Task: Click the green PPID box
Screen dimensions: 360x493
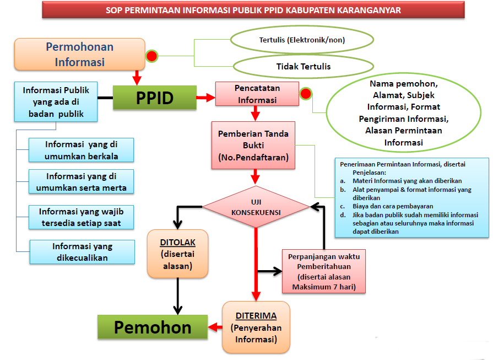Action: point(155,98)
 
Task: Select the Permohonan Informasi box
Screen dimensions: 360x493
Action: point(79,54)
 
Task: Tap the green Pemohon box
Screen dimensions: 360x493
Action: point(153,327)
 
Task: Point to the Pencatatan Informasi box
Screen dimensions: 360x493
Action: point(257,94)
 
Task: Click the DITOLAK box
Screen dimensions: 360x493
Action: point(177,254)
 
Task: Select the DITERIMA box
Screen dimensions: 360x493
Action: point(256,327)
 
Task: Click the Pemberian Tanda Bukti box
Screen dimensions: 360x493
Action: point(253,146)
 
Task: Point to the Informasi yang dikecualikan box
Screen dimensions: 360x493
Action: point(82,252)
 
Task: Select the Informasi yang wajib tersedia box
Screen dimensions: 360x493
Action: point(82,217)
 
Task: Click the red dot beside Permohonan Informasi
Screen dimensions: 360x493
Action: point(151,56)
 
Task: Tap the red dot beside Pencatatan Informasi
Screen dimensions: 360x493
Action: point(305,94)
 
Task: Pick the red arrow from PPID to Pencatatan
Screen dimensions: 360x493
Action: point(205,98)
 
